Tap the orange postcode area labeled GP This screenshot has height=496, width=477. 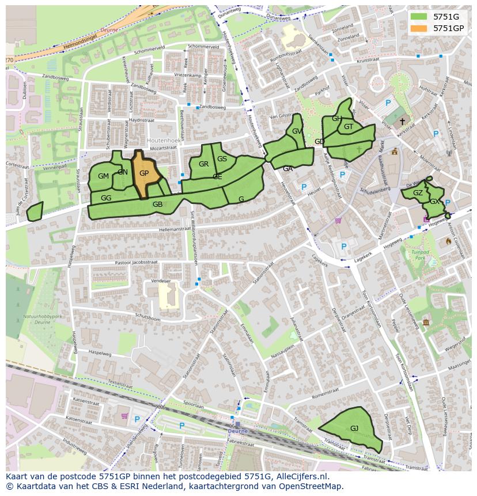pyautogui.click(x=144, y=173)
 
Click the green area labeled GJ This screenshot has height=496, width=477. pyautogui.click(x=354, y=428)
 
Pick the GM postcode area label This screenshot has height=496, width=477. pyautogui.click(x=103, y=176)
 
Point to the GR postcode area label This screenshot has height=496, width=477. pyautogui.click(x=203, y=164)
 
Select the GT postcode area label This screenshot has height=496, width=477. pyautogui.click(x=349, y=127)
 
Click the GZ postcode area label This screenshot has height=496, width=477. pyautogui.click(x=418, y=193)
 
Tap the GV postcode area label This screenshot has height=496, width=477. pyautogui.click(x=297, y=131)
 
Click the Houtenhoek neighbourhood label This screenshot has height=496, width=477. pyautogui.click(x=164, y=140)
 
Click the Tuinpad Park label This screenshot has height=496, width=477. pyautogui.click(x=421, y=255)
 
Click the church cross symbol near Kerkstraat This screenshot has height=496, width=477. pyautogui.click(x=402, y=122)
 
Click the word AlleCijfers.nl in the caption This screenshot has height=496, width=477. pyautogui.click(x=301, y=476)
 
